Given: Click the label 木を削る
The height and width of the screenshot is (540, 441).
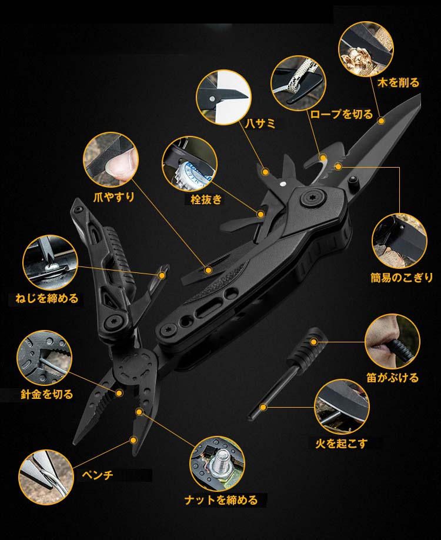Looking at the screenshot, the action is click(398, 83).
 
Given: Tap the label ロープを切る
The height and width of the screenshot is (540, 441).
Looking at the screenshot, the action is click(342, 114).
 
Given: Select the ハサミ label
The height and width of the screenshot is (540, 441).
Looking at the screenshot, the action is click(260, 124).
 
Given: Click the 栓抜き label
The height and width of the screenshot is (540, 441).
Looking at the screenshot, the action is click(206, 199).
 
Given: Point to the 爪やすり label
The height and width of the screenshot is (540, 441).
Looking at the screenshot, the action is click(114, 197).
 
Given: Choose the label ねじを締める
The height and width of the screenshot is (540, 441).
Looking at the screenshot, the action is click(47, 298).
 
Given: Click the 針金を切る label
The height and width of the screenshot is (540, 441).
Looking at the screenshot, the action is click(47, 394).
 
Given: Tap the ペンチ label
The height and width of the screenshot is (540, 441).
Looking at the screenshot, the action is click(98, 475).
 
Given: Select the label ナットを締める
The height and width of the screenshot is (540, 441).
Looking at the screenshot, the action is click(221, 500).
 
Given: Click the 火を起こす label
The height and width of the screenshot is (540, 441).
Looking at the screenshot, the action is click(342, 443).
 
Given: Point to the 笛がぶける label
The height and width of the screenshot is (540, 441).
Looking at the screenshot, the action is click(393, 378).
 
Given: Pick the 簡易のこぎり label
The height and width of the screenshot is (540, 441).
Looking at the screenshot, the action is click(402, 277).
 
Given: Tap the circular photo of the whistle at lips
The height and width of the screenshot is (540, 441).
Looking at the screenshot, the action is click(392, 341).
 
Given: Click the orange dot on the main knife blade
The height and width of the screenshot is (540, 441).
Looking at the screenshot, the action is click(381, 121).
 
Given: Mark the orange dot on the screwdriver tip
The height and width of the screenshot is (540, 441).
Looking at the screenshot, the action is click(162, 275).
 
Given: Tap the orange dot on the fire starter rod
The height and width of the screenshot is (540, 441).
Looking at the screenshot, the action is click(263, 408).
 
